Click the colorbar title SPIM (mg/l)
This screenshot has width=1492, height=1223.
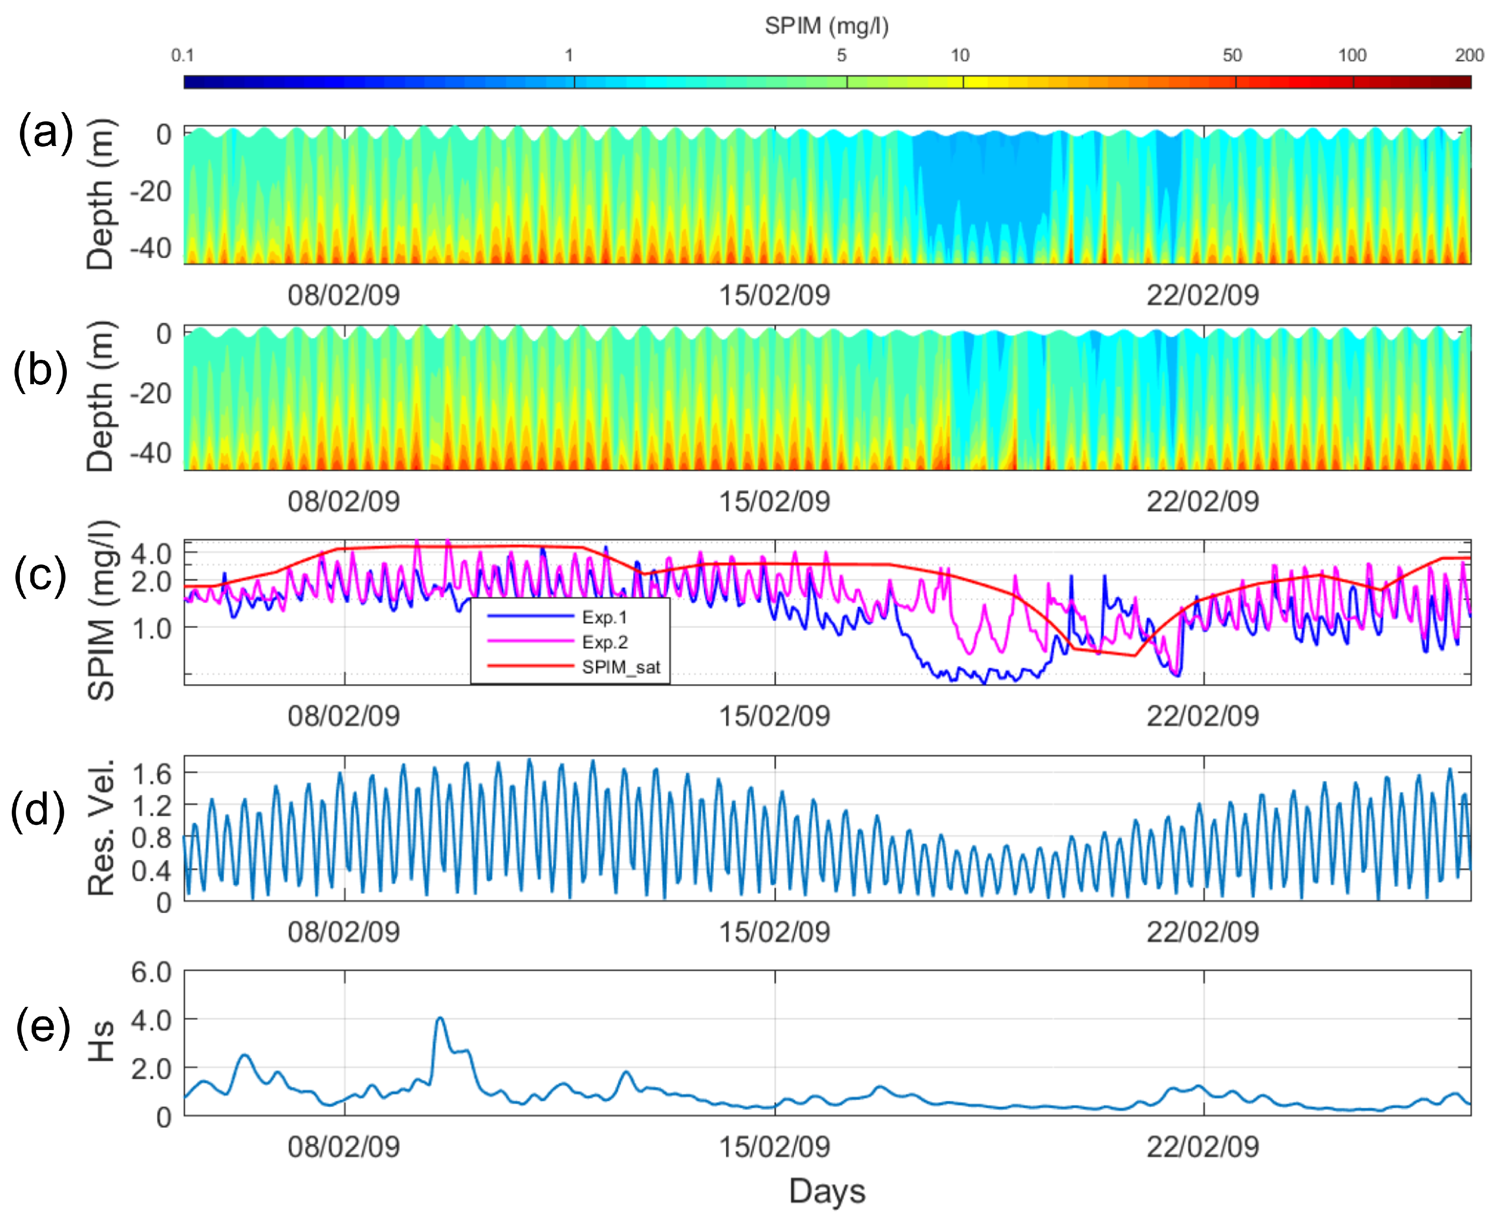click(x=826, y=26)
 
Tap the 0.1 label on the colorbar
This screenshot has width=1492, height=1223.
click(x=183, y=56)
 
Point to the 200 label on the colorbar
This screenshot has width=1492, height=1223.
click(x=1469, y=56)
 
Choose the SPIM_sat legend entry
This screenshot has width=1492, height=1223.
click(x=620, y=667)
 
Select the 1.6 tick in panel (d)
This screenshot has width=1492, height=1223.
click(x=151, y=774)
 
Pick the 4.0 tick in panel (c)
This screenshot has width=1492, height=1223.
click(x=151, y=554)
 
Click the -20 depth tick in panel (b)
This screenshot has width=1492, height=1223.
click(x=150, y=393)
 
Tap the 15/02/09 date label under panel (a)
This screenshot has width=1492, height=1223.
click(x=774, y=295)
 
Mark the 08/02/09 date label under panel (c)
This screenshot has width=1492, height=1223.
click(x=344, y=716)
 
